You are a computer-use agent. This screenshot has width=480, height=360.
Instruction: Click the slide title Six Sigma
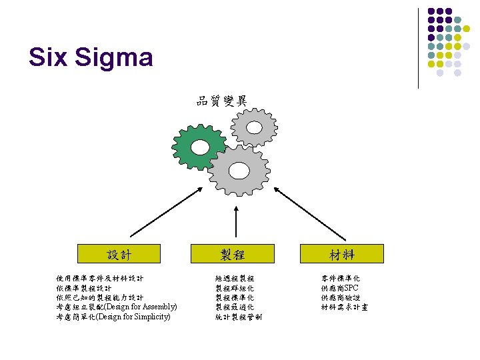(x=91, y=57)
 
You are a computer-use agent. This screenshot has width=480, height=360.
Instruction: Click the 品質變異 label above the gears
(x=221, y=101)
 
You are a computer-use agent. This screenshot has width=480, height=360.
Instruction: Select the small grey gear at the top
(x=254, y=126)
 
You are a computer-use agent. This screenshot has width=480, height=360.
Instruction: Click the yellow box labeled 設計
(x=119, y=254)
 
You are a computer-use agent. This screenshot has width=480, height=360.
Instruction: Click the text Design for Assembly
(x=139, y=307)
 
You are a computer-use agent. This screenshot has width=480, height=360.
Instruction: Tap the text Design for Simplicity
(x=133, y=317)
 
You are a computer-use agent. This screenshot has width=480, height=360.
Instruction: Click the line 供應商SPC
(x=339, y=287)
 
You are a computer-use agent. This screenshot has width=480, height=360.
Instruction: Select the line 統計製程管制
(x=239, y=317)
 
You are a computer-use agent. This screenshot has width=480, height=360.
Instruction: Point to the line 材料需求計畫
(x=344, y=307)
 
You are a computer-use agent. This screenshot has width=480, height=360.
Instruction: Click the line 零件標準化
(x=340, y=277)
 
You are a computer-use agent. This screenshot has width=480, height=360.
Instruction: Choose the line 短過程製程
(x=234, y=277)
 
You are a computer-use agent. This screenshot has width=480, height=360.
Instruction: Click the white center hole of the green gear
(x=199, y=147)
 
